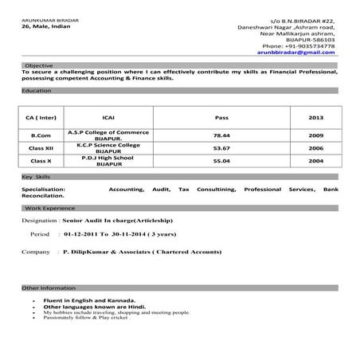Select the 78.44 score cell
point(221,135)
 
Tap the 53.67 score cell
point(221,148)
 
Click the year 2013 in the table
point(316,117)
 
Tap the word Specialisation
point(43,189)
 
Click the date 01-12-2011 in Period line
point(80,236)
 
